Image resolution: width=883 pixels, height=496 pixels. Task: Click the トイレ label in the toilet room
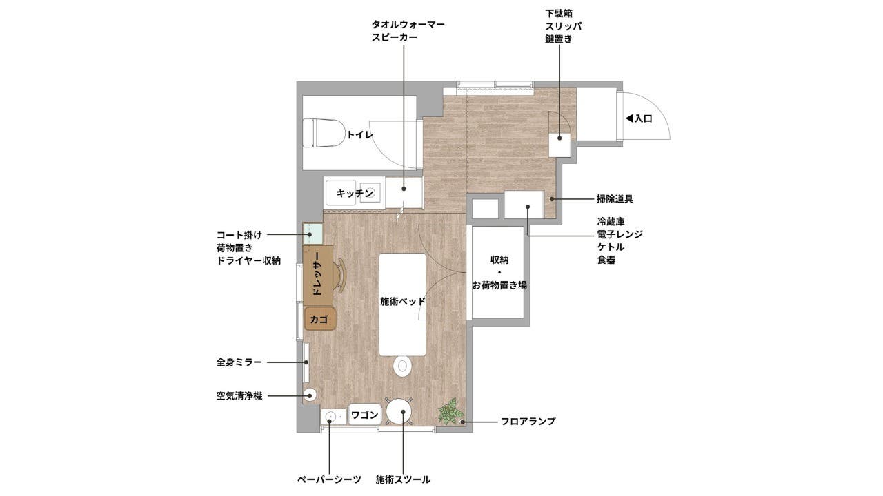point(359,135)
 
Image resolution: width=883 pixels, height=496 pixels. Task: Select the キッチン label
point(355,194)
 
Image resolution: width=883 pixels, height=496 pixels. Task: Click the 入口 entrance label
point(639,118)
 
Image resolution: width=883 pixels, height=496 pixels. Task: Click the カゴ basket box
point(320,319)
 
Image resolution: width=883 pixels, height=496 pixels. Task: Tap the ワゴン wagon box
point(364,415)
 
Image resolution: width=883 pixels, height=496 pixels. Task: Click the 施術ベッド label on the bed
point(403,302)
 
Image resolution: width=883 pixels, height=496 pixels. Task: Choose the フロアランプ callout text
point(528,421)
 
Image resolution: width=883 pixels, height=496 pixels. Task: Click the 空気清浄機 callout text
point(239,396)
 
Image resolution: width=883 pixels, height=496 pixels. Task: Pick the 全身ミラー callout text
point(239,362)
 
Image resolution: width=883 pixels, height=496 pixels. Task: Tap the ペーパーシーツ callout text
point(328,479)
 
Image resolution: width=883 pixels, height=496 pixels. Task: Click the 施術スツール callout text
point(403,479)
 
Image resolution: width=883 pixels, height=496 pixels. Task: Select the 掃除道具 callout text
point(615,199)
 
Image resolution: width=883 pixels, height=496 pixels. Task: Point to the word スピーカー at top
point(394,38)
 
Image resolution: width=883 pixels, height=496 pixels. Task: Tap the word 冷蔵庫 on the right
point(611,222)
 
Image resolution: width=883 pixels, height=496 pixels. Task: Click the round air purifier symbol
point(310,395)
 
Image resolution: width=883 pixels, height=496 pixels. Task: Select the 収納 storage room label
point(499,260)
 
